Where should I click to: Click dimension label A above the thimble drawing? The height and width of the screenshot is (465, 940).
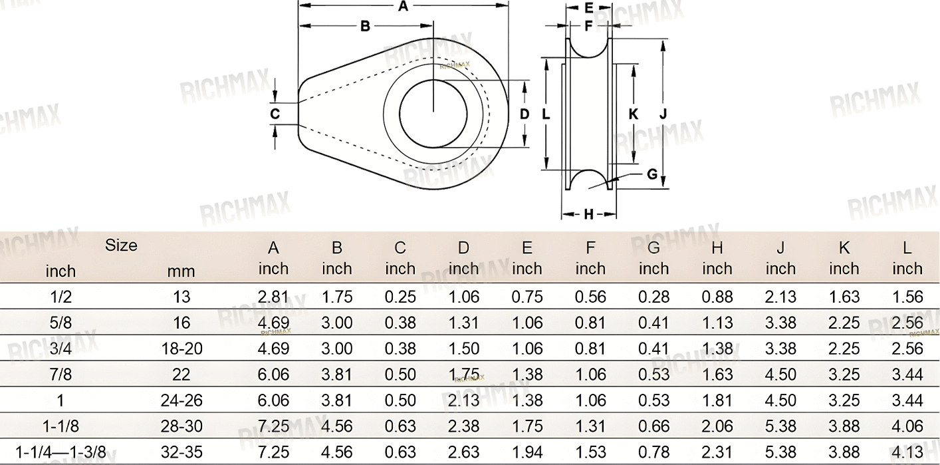pyautogui.click(x=403, y=6)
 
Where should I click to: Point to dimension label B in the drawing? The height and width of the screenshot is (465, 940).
pyautogui.click(x=365, y=27)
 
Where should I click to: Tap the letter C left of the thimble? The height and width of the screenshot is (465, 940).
pyautogui.click(x=275, y=114)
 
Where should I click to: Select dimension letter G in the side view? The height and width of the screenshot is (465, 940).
pyautogui.click(x=652, y=174)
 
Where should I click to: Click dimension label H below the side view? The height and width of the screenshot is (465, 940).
pyautogui.click(x=589, y=214)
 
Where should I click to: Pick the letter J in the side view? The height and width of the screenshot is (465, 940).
pyautogui.click(x=663, y=113)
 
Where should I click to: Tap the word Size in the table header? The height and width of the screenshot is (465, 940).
pyautogui.click(x=121, y=245)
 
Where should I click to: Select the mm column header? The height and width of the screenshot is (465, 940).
pyautogui.click(x=181, y=271)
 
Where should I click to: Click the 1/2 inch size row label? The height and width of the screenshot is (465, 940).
pyautogui.click(x=61, y=297)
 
